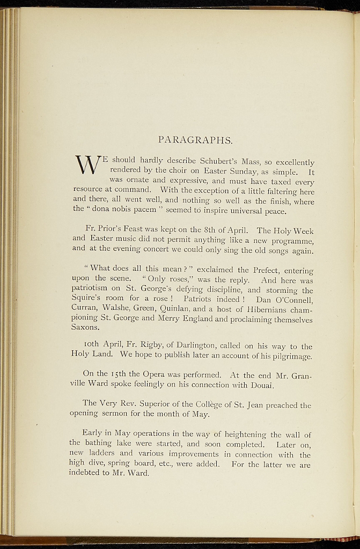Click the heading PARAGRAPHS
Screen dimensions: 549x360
[x=195, y=140]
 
